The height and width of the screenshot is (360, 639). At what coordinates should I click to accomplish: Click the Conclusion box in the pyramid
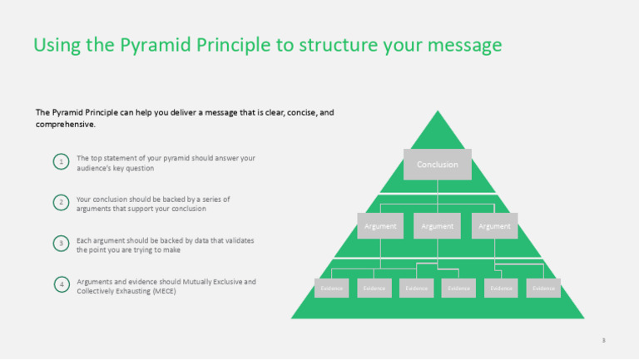pos(438,165)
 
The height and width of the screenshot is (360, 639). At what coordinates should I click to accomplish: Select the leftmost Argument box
pos(381,225)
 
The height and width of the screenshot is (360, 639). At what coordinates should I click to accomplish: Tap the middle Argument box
pos(438,225)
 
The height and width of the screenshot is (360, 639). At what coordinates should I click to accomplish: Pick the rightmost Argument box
pos(494,225)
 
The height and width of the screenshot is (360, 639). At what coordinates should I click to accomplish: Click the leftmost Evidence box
pos(331,288)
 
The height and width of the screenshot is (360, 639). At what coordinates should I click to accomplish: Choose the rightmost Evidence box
pos(543,288)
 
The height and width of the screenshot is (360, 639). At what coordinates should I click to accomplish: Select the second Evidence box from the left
pos(374,288)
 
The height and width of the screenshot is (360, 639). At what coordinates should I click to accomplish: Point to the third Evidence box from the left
pos(416,288)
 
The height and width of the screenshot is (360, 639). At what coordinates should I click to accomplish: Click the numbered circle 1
pos(61,161)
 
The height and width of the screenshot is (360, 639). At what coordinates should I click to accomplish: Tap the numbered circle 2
pos(61,203)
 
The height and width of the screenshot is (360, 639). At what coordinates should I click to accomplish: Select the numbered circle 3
pos(61,244)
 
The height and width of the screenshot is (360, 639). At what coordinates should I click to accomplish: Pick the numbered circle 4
pos(61,285)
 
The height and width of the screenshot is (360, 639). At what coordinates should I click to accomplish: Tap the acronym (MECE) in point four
pos(158,291)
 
